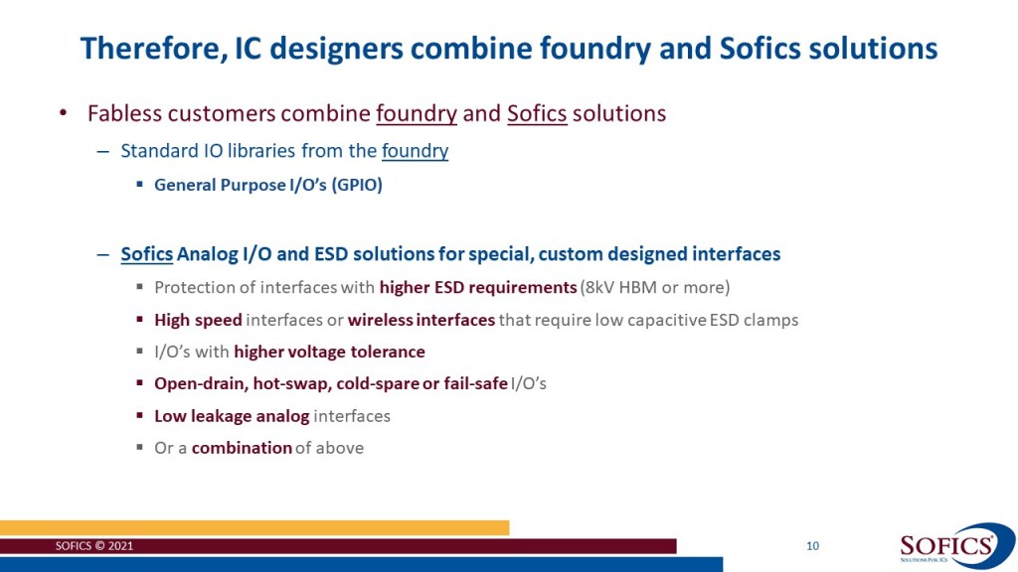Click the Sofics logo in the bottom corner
(955, 546)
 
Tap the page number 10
(812, 546)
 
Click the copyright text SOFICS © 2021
(94, 546)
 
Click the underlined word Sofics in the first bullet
(537, 113)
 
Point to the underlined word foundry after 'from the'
(415, 151)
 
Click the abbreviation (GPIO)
(357, 186)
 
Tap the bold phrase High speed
(198, 320)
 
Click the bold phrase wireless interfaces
(422, 320)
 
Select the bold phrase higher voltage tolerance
(329, 353)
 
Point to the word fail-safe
(476, 384)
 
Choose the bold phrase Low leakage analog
(232, 416)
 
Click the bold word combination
(242, 448)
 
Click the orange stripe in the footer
(254, 527)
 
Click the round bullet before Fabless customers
(63, 113)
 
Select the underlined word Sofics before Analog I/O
(147, 254)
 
